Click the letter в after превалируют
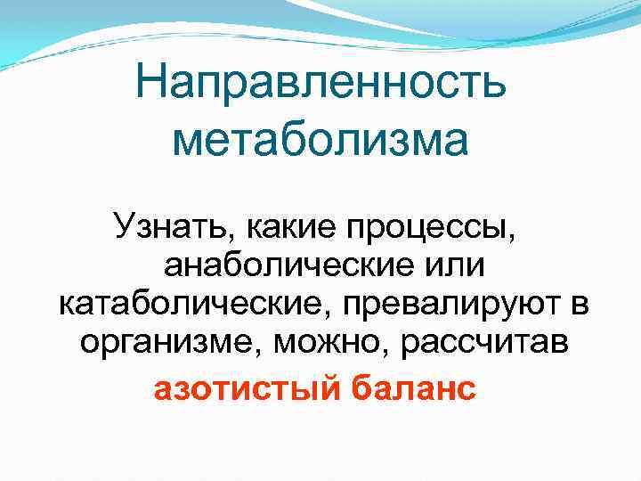pos(579,304)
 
